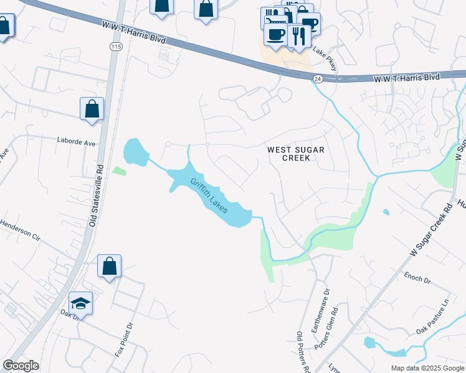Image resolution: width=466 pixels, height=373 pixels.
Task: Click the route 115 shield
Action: pos(115,47)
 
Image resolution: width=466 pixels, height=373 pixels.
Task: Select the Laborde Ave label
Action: pos(76,142)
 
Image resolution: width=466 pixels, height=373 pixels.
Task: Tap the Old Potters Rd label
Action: pos(303,352)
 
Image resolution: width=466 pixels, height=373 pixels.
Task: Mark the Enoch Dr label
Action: pos(417,277)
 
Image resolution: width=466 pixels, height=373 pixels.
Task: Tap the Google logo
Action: pos(21,366)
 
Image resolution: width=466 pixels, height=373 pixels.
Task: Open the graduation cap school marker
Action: pos(81,303)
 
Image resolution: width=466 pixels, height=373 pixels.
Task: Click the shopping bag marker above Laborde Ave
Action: pos(92,109)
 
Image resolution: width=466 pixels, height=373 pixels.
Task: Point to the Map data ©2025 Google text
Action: pos(427,368)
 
